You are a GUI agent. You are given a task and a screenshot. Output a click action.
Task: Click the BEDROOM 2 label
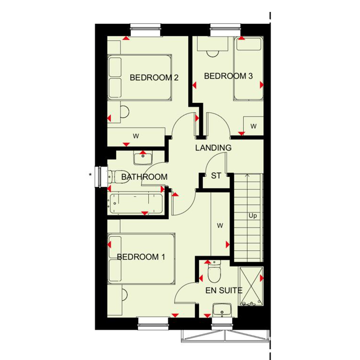(x=154, y=78)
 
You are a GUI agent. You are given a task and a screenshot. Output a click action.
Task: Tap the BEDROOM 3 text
(x=229, y=76)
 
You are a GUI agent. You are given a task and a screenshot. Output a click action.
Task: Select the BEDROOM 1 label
(x=141, y=257)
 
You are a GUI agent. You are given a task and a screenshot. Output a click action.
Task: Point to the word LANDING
(x=213, y=148)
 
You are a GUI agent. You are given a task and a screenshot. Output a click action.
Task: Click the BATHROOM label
(x=144, y=177)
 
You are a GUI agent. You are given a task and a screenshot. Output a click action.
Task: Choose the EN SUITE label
(x=224, y=290)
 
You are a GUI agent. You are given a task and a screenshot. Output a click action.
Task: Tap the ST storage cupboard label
(x=216, y=176)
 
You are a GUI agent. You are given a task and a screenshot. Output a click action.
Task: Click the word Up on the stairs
(x=252, y=216)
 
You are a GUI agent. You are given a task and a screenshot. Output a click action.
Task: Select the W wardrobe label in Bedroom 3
(x=253, y=126)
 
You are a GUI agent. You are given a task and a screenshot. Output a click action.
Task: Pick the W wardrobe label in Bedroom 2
(x=136, y=136)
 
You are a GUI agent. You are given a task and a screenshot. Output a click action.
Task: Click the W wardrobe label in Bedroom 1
(x=220, y=226)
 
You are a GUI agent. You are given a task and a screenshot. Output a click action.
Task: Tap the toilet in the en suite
(x=214, y=272)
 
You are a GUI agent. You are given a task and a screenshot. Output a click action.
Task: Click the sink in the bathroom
(x=143, y=158)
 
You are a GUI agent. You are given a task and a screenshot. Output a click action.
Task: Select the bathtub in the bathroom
(x=136, y=204)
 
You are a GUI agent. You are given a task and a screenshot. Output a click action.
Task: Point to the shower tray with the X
(x=251, y=286)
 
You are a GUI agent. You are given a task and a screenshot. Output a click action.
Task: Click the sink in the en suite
(x=222, y=310)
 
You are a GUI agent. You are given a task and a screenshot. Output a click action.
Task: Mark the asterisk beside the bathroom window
(x=90, y=175)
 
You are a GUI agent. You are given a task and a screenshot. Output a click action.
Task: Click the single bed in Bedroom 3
(x=249, y=69)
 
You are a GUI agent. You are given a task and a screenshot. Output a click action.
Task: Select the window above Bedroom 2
(x=145, y=30)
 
